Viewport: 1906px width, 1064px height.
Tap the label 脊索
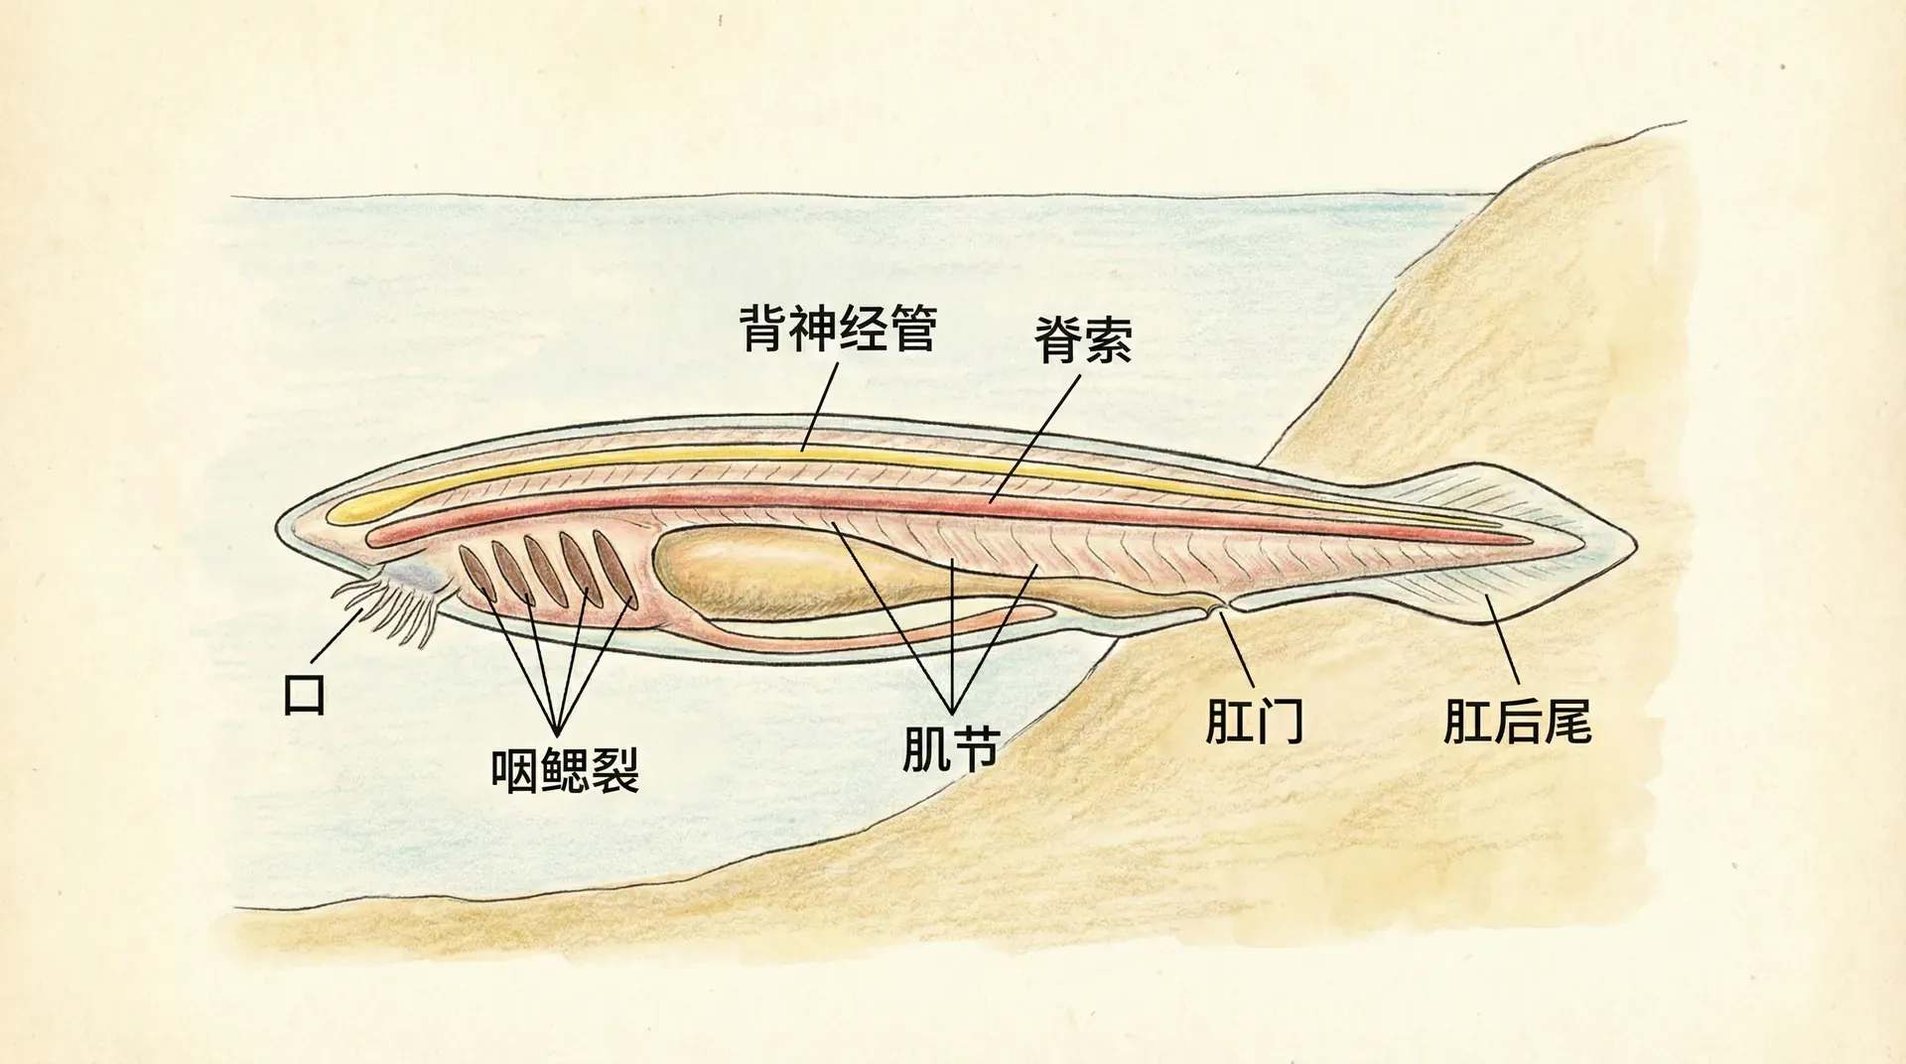point(1082,340)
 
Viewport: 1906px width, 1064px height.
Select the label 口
point(304,694)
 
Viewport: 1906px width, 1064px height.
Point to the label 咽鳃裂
point(565,768)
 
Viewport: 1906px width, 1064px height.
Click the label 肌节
point(951,749)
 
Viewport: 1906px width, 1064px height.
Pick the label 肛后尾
point(1517,722)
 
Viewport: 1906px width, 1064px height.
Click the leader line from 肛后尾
point(1502,641)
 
